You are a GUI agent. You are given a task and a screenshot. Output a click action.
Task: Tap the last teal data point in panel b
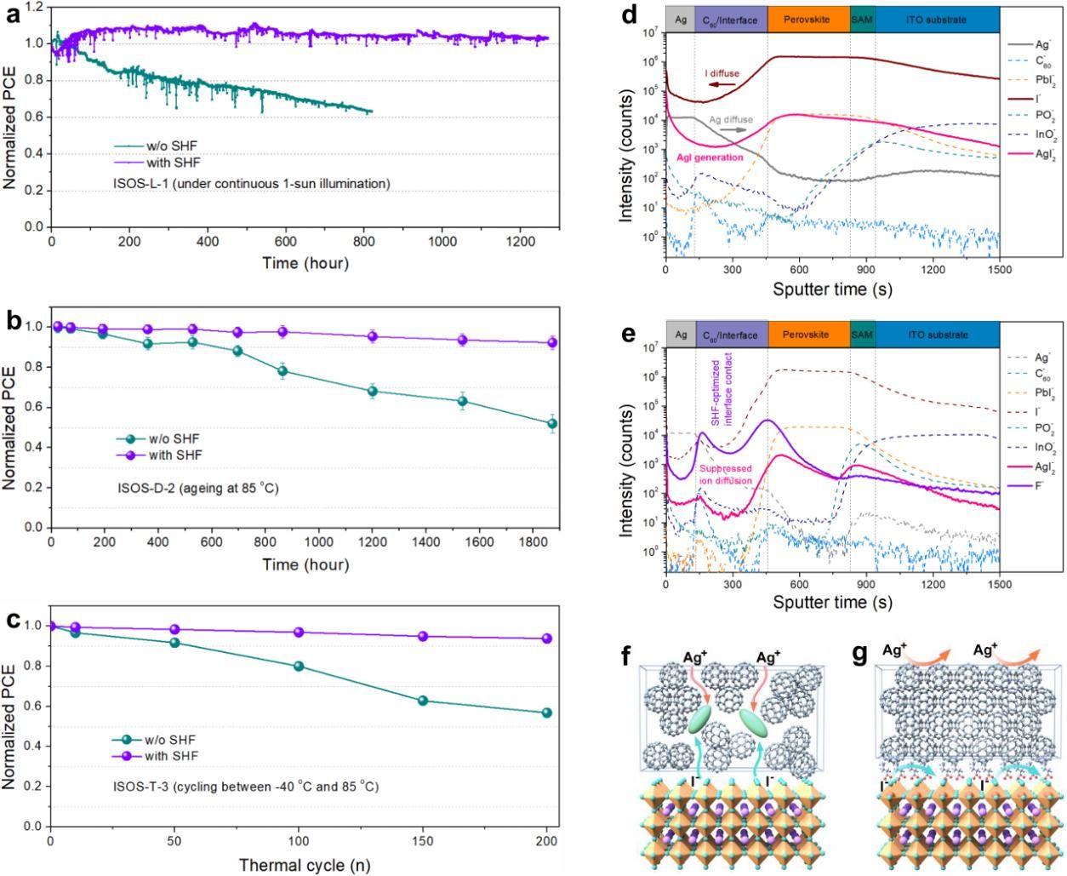click(552, 423)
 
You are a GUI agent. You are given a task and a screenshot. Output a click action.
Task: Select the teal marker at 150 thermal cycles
click(422, 701)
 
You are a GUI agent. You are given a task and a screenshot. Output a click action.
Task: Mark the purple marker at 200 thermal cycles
click(546, 638)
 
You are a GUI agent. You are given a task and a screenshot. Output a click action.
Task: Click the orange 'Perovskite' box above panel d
click(807, 20)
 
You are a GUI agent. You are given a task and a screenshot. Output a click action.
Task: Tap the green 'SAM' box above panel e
click(862, 335)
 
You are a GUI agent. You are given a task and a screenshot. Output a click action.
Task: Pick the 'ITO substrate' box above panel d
click(937, 20)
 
